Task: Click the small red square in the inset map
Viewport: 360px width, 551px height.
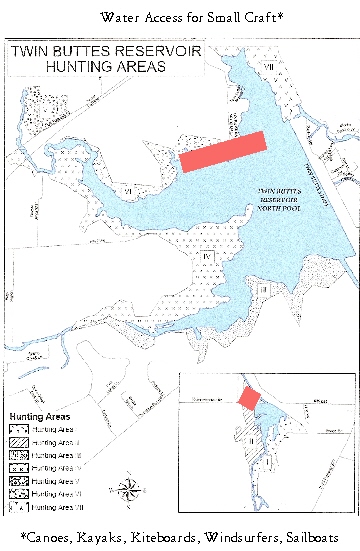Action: click(248, 397)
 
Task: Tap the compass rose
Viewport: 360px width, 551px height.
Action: click(127, 489)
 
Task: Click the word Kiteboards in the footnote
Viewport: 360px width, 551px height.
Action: click(170, 538)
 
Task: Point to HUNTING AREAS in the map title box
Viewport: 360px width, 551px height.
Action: click(89, 67)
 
